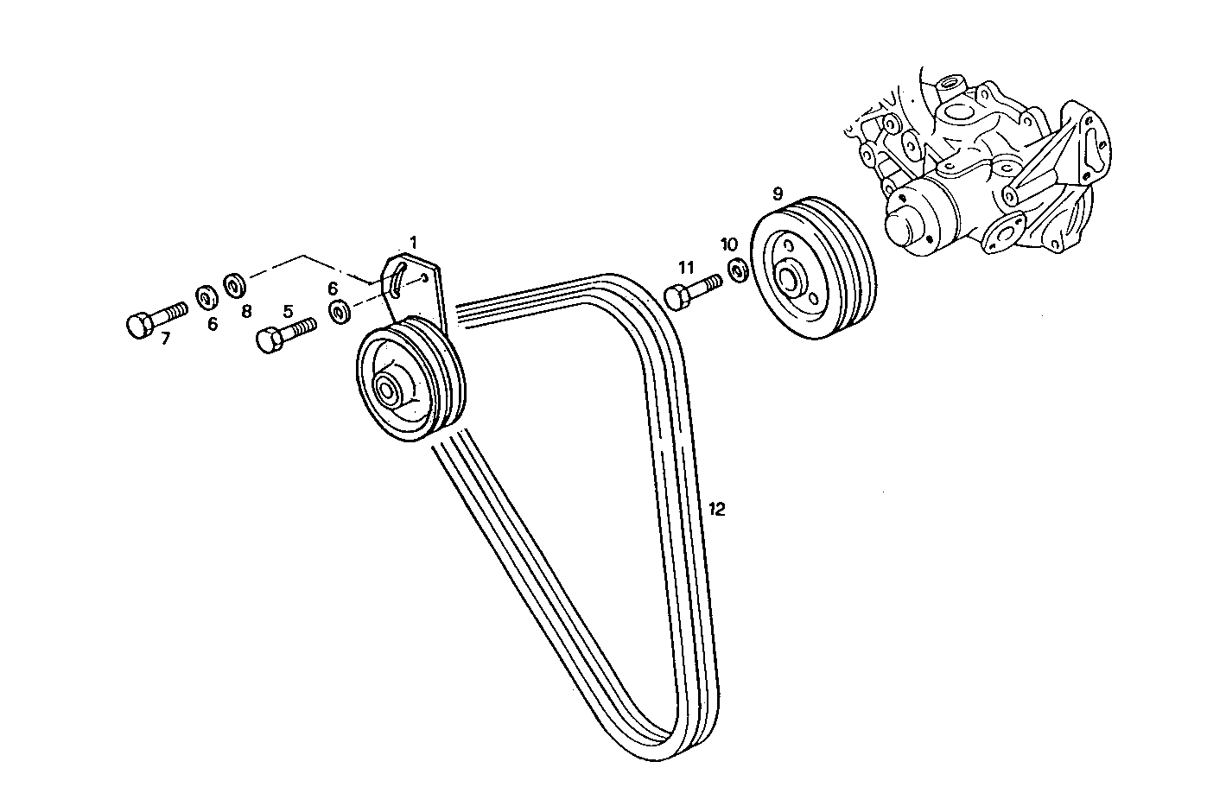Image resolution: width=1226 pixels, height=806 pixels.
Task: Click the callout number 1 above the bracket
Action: [x=413, y=241]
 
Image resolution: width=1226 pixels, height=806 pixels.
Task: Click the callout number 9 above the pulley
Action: [x=778, y=192]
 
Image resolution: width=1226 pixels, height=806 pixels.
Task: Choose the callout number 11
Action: [x=686, y=267]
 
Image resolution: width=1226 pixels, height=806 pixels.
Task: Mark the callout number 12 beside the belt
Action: [x=716, y=509]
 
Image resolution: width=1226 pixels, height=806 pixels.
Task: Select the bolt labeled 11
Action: [x=692, y=289]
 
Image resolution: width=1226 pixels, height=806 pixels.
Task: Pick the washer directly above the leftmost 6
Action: [x=206, y=298]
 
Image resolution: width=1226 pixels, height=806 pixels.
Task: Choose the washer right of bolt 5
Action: [x=340, y=311]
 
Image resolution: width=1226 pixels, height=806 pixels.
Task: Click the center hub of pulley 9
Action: [x=790, y=280]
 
